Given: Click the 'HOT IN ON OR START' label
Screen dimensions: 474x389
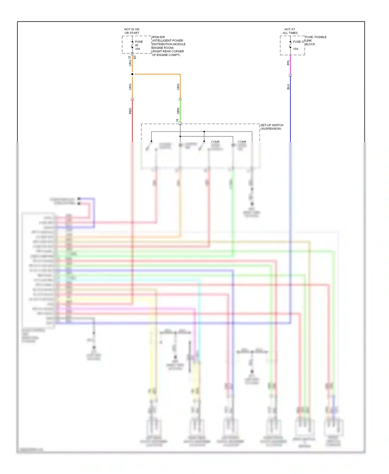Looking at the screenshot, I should click(132, 31).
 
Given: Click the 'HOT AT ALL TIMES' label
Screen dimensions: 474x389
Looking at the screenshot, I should click(290, 31).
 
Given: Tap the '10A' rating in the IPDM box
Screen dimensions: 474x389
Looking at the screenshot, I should click(137, 49).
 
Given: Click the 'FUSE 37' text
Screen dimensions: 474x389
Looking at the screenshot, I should click(299, 42).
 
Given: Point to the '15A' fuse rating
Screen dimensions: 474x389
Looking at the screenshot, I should click(296, 49).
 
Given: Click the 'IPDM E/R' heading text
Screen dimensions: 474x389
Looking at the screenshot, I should click(158, 37).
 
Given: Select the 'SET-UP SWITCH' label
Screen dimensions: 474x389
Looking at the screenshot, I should click(272, 125).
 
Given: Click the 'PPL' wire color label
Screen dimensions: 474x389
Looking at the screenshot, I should click(288, 62).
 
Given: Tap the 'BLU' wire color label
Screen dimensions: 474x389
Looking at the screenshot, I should click(288, 87).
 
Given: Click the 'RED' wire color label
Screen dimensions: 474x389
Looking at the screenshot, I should click(130, 111).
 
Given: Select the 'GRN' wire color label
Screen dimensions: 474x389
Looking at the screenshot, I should click(178, 111).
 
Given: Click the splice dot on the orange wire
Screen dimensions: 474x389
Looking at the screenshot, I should click(132, 74).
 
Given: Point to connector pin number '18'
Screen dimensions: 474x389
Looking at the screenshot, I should click(177, 121).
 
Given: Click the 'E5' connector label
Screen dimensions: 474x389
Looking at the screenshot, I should click(135, 57).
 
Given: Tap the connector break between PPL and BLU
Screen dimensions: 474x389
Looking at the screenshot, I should click(290, 75).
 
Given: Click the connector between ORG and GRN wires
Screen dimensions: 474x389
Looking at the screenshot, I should click(180, 99).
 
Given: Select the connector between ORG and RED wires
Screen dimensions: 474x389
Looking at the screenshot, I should click(132, 99).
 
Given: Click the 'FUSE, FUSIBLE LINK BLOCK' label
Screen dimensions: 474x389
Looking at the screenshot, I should click(315, 41).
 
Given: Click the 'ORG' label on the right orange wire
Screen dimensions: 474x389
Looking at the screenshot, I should click(178, 87).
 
